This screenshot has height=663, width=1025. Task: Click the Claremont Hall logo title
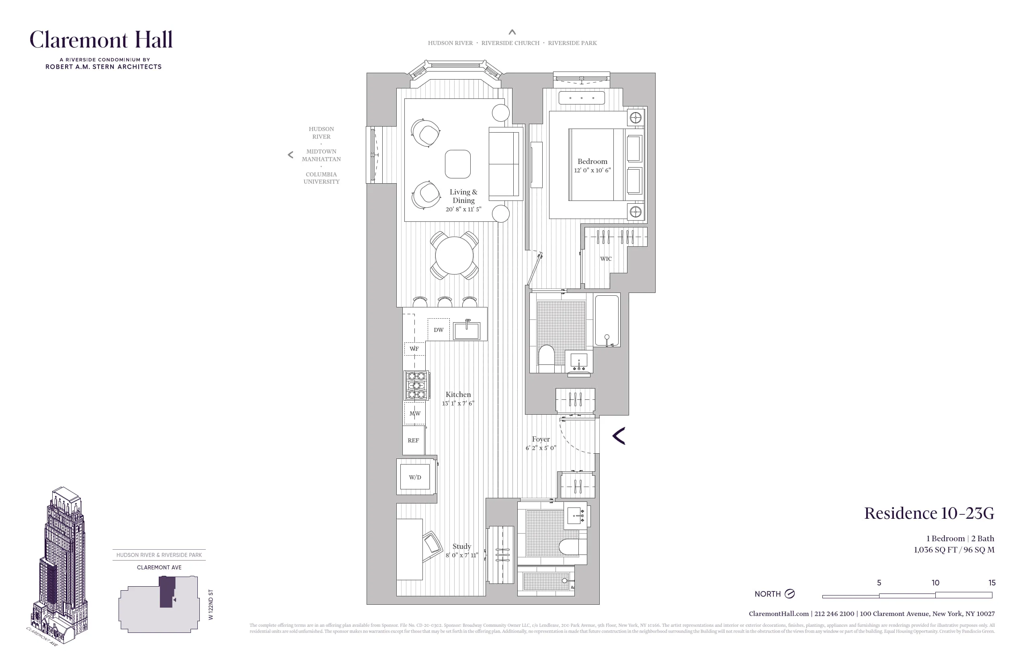[x=101, y=40]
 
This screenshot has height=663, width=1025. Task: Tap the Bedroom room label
[x=592, y=162]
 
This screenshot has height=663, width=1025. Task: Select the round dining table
[x=454, y=256]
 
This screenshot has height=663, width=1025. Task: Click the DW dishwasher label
[x=439, y=330]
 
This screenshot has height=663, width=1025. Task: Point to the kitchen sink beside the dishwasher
[x=467, y=331]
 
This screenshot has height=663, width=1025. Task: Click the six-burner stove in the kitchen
[x=416, y=385]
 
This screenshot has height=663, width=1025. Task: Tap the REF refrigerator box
[x=414, y=440]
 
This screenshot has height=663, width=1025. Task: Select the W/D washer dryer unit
[x=415, y=477]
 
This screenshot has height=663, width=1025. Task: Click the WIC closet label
[x=605, y=259]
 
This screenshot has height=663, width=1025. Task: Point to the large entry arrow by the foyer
[x=619, y=436]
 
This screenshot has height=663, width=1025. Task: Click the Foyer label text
[x=541, y=439]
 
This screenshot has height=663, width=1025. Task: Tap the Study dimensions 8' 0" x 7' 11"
[x=462, y=555]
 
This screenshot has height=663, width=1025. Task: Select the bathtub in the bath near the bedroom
[x=607, y=320]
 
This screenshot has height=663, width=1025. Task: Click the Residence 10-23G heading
[x=929, y=513]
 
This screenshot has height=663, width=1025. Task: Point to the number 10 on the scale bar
[x=935, y=583]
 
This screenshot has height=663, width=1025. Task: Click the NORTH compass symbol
[x=789, y=594]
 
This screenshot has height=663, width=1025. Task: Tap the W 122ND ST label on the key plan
[x=211, y=604]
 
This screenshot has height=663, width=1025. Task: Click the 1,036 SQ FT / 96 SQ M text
[x=954, y=550]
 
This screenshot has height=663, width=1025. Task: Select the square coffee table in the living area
[x=457, y=164]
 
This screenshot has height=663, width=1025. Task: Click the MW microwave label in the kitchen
[x=415, y=413]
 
